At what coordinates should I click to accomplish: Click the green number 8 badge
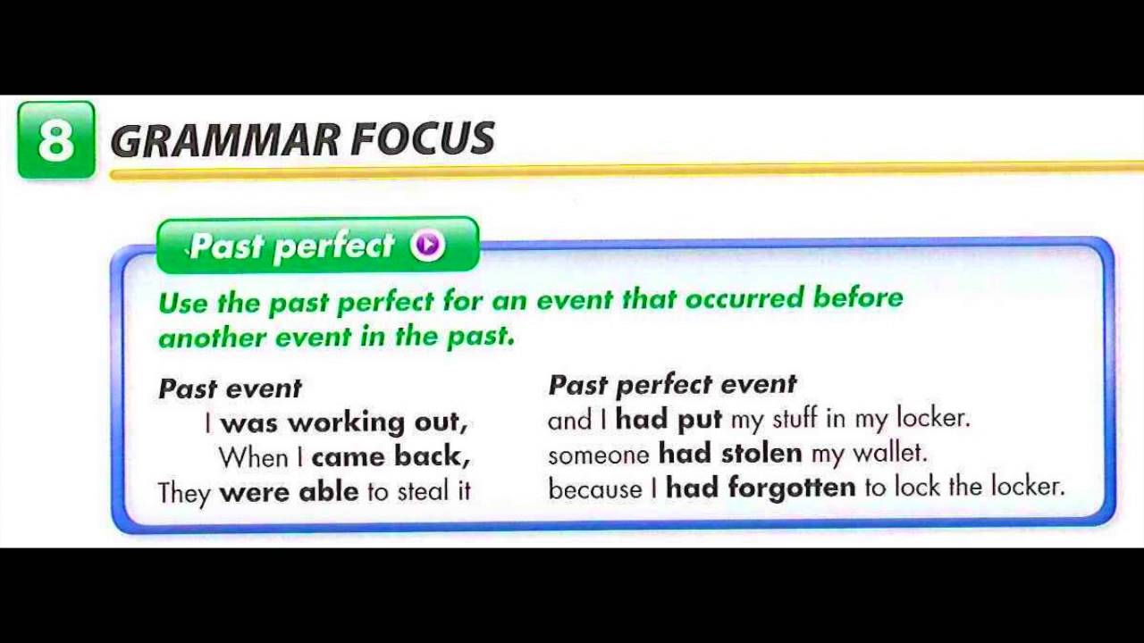point(55,140)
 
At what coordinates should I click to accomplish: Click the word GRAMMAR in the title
point(224,140)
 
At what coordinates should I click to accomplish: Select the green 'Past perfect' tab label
point(292,246)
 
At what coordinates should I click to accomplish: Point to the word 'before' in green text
point(858,298)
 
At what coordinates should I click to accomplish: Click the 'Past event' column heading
point(230,388)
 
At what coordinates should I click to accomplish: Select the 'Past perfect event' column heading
point(672,385)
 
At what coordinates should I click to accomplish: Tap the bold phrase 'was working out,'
point(343,422)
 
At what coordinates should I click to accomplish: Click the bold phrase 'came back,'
point(391,456)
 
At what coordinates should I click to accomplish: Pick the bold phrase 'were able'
point(289,491)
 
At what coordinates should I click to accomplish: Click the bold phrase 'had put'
point(668,419)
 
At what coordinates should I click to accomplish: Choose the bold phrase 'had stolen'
point(730,453)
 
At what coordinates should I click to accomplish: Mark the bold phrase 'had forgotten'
point(761,488)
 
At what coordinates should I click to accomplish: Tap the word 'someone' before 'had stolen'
point(598,455)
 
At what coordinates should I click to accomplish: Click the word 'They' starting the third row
point(183,492)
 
